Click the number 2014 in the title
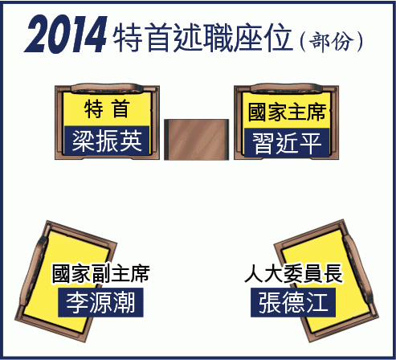pyautogui.click(x=66, y=35)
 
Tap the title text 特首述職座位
pyautogui.click(x=202, y=38)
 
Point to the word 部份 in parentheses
pyautogui.click(x=331, y=41)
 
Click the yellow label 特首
pyautogui.click(x=107, y=108)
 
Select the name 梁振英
pyautogui.click(x=107, y=141)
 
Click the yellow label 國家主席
pyautogui.click(x=287, y=112)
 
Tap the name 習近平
pyautogui.click(x=287, y=143)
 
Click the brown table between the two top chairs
pyautogui.click(x=197, y=140)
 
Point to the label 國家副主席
pyautogui.click(x=101, y=273)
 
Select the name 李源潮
pyautogui.click(x=100, y=302)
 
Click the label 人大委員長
pyautogui.click(x=294, y=273)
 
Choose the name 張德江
pyautogui.click(x=293, y=302)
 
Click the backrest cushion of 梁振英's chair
pyautogui.click(x=107, y=88)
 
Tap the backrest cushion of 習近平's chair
pyautogui.click(x=287, y=88)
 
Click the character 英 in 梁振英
pyautogui.click(x=131, y=141)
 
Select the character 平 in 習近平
pyautogui.click(x=311, y=143)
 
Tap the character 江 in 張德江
pyautogui.click(x=317, y=302)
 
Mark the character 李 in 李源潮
pyautogui.click(x=77, y=302)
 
